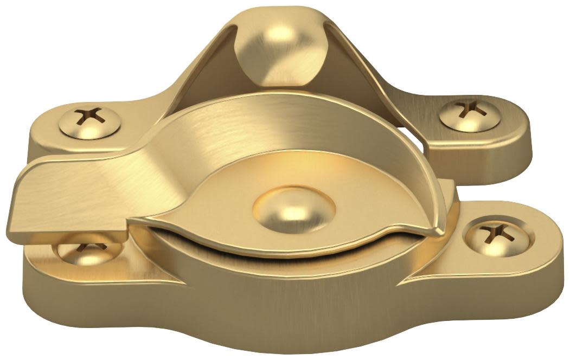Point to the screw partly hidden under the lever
click(x=84, y=251)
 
